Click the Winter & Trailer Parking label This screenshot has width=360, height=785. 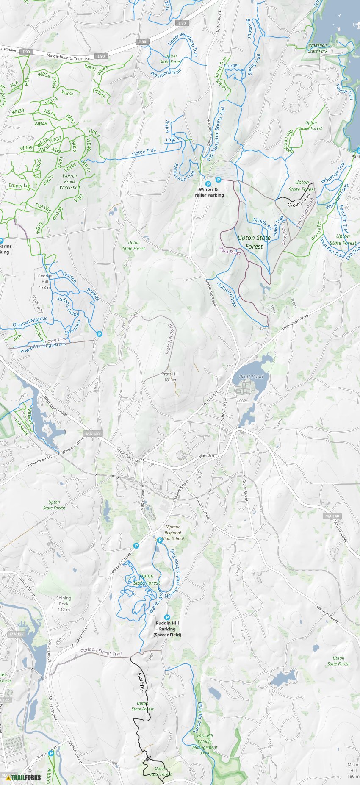[208, 192]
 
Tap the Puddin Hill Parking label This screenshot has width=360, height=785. [167, 629]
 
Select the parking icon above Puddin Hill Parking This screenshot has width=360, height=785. [167, 618]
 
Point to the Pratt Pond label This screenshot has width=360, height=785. [251, 376]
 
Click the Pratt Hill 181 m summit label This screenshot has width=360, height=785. [170, 377]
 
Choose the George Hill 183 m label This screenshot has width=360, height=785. [45, 281]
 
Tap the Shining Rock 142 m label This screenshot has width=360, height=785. [64, 604]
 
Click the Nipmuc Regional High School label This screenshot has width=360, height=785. [173, 533]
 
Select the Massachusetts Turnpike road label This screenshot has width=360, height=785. [68, 56]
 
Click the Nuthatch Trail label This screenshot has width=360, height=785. [227, 294]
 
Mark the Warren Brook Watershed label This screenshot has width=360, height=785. [70, 181]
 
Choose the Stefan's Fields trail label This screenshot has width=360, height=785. [68, 306]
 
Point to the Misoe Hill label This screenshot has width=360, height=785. [353, 770]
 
